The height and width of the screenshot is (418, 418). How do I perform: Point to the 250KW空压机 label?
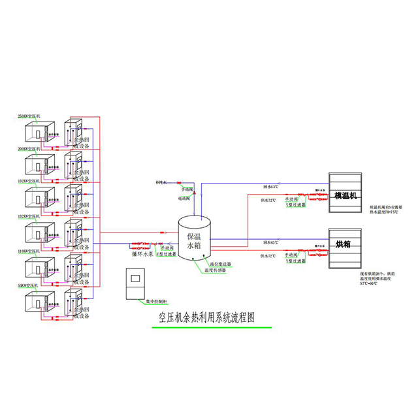29,116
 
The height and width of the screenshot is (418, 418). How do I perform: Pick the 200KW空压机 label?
29,148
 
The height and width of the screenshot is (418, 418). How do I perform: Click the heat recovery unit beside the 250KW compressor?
73,133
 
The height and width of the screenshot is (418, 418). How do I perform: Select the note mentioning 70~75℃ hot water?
385,210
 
